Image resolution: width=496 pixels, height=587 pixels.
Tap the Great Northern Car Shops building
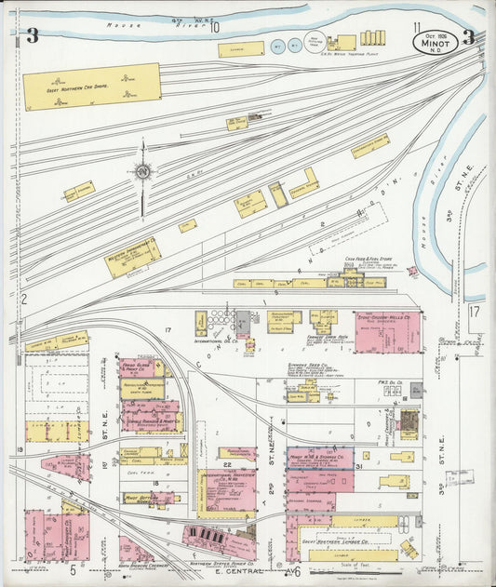91,86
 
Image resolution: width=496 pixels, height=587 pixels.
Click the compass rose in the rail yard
142,171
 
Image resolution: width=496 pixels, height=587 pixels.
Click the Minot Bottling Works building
144,498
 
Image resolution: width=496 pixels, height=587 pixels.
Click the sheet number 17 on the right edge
475,312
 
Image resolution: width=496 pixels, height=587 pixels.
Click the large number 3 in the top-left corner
32,36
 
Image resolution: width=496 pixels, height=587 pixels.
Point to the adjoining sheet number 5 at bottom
72,569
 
